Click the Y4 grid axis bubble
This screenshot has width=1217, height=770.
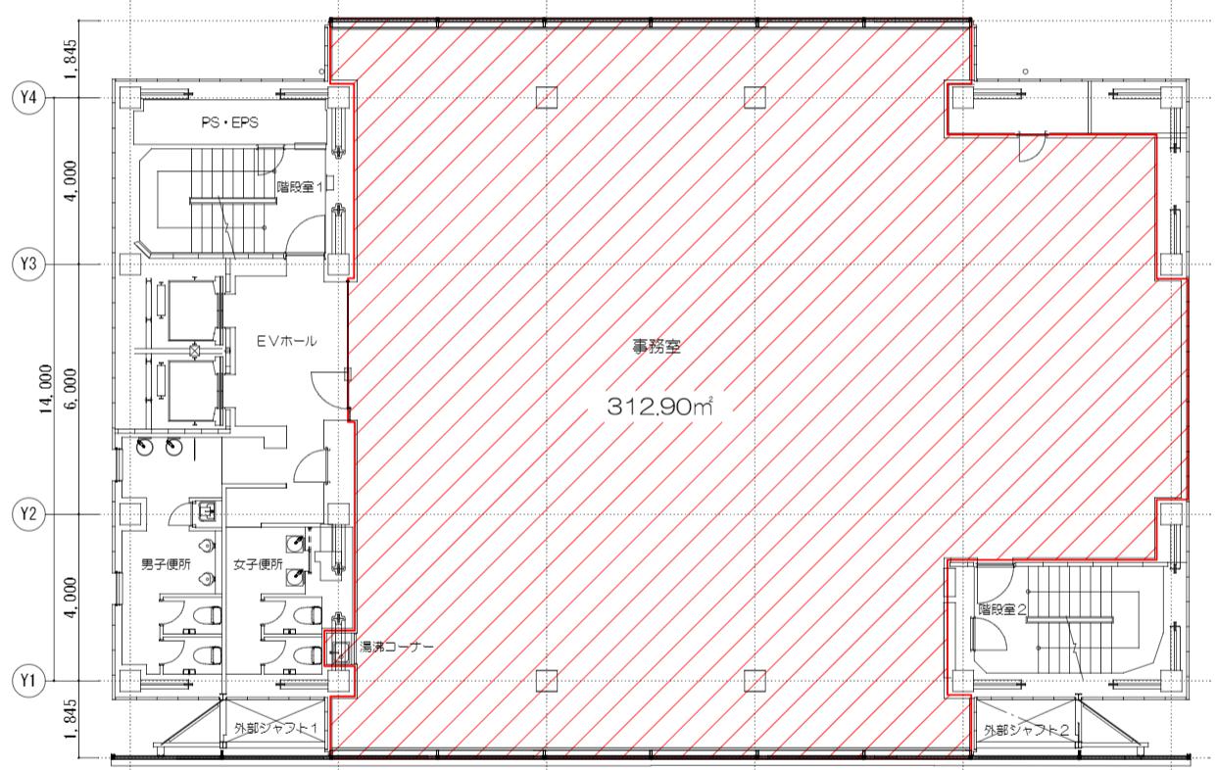pyautogui.click(x=28, y=98)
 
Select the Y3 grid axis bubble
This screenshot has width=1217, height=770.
pyautogui.click(x=28, y=265)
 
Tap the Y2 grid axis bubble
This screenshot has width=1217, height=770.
pyautogui.click(x=28, y=514)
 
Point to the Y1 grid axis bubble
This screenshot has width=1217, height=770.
pyautogui.click(x=28, y=681)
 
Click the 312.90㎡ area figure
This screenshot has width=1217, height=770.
pyautogui.click(x=659, y=407)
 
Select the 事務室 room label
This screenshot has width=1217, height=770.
pyautogui.click(x=657, y=347)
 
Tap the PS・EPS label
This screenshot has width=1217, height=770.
pyautogui.click(x=230, y=122)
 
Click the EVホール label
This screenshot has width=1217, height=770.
pyautogui.click(x=286, y=342)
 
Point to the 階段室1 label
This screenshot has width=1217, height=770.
pyautogui.click(x=300, y=187)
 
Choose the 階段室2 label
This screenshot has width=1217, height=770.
pyautogui.click(x=1002, y=609)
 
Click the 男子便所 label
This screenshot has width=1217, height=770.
pyautogui.click(x=166, y=564)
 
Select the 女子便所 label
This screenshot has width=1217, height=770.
pyautogui.click(x=258, y=564)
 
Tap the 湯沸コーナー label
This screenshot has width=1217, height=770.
pyautogui.click(x=397, y=647)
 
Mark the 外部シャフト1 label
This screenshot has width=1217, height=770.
pyautogui.click(x=276, y=728)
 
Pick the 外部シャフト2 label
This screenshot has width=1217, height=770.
pyautogui.click(x=1026, y=731)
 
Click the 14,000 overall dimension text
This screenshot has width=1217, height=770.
pyautogui.click(x=46, y=389)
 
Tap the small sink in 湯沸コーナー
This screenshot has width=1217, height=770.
pyautogui.click(x=340, y=649)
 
